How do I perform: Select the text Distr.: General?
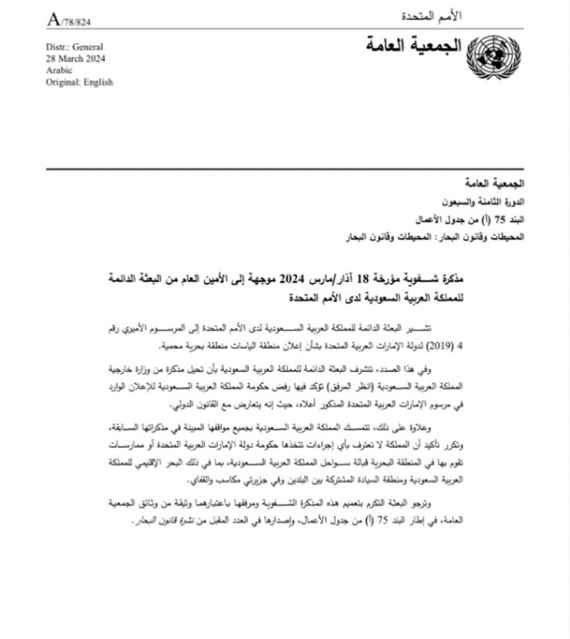[x=74, y=47]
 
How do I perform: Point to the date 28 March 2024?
[x=75, y=59]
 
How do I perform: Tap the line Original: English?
[x=79, y=82]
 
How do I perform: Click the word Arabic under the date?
[x=59, y=70]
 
